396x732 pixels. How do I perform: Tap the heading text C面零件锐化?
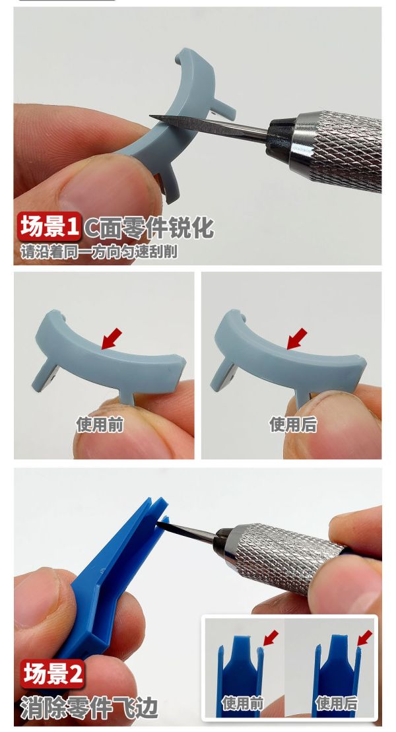click(148, 228)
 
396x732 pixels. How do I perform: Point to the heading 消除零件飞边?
click(89, 707)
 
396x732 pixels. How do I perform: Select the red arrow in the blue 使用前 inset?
click(270, 638)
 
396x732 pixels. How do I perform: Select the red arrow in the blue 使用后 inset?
click(364, 638)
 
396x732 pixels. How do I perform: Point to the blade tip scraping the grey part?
click(153, 117)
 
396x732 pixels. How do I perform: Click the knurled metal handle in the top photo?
click(340, 149)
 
